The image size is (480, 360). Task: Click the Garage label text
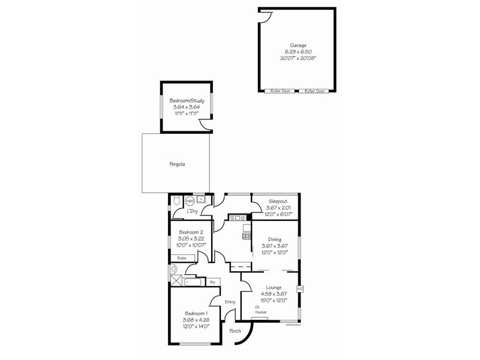tap(298, 45)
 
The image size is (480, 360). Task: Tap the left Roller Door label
tap(277, 91)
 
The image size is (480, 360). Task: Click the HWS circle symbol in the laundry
tap(190, 201)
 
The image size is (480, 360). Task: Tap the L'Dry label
tap(193, 211)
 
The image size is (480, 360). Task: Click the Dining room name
tap(275, 239)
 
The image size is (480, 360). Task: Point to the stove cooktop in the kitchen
tap(246, 236)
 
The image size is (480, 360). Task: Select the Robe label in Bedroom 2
tap(182, 257)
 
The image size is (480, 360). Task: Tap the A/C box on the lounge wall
tap(299, 289)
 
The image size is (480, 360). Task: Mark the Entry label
tap(230, 302)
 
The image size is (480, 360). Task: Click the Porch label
tap(235, 331)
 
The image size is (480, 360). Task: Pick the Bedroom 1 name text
tap(196, 314)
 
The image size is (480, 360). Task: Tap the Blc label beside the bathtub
tap(213, 281)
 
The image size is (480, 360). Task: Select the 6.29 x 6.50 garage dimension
tap(298, 52)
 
